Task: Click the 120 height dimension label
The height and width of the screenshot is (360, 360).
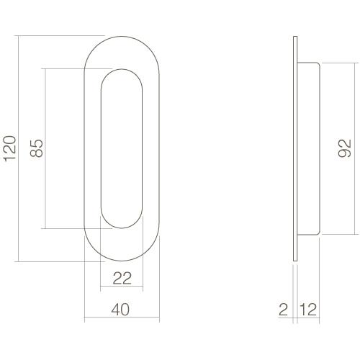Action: [9, 148]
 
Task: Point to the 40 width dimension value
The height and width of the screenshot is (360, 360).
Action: [121, 310]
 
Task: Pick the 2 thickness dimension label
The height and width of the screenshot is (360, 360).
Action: [284, 310]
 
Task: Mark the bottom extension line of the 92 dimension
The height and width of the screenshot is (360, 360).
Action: [338, 235]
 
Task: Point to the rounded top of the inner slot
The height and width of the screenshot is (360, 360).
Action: [121, 71]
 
